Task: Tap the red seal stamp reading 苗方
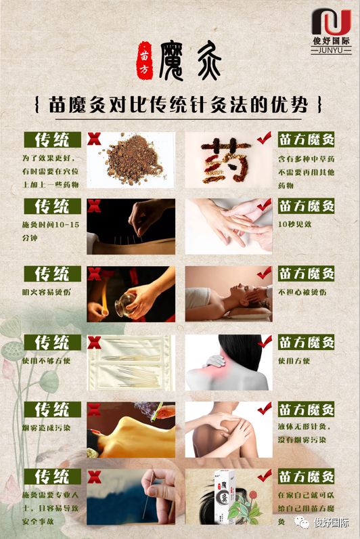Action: coord(144,56)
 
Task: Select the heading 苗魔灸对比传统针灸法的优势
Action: coord(179,106)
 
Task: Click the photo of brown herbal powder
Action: coord(129,159)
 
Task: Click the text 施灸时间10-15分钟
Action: coord(51,231)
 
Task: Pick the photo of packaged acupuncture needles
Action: coord(131,362)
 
